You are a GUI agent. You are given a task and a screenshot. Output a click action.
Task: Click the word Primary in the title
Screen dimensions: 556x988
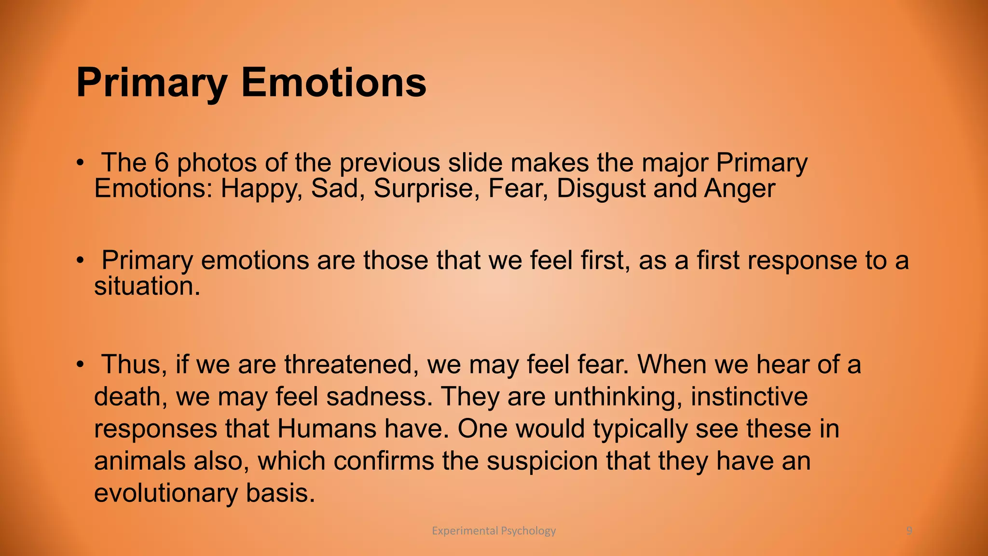pos(151,83)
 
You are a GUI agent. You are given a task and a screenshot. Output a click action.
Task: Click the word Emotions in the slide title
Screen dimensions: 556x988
pos(333,83)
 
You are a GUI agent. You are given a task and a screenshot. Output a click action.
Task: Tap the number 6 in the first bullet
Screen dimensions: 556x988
pos(162,163)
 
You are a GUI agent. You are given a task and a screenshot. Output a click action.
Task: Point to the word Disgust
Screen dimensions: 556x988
pos(601,189)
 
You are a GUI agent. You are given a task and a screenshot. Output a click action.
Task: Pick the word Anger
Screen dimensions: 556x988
pos(740,189)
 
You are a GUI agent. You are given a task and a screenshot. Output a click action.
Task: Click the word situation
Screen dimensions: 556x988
pos(146,286)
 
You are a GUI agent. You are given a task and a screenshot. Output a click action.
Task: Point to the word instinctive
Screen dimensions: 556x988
pos(749,397)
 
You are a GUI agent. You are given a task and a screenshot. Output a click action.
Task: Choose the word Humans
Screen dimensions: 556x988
pos(327,429)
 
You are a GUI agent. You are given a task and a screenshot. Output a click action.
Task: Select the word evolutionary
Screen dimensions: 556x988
pos(165,493)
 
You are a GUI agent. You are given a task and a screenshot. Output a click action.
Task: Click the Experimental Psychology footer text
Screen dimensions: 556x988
pos(494,531)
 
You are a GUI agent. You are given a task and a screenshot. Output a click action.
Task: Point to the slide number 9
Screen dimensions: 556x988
pos(909,531)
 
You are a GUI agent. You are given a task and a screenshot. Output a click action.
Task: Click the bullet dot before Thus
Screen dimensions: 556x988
pos(81,364)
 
